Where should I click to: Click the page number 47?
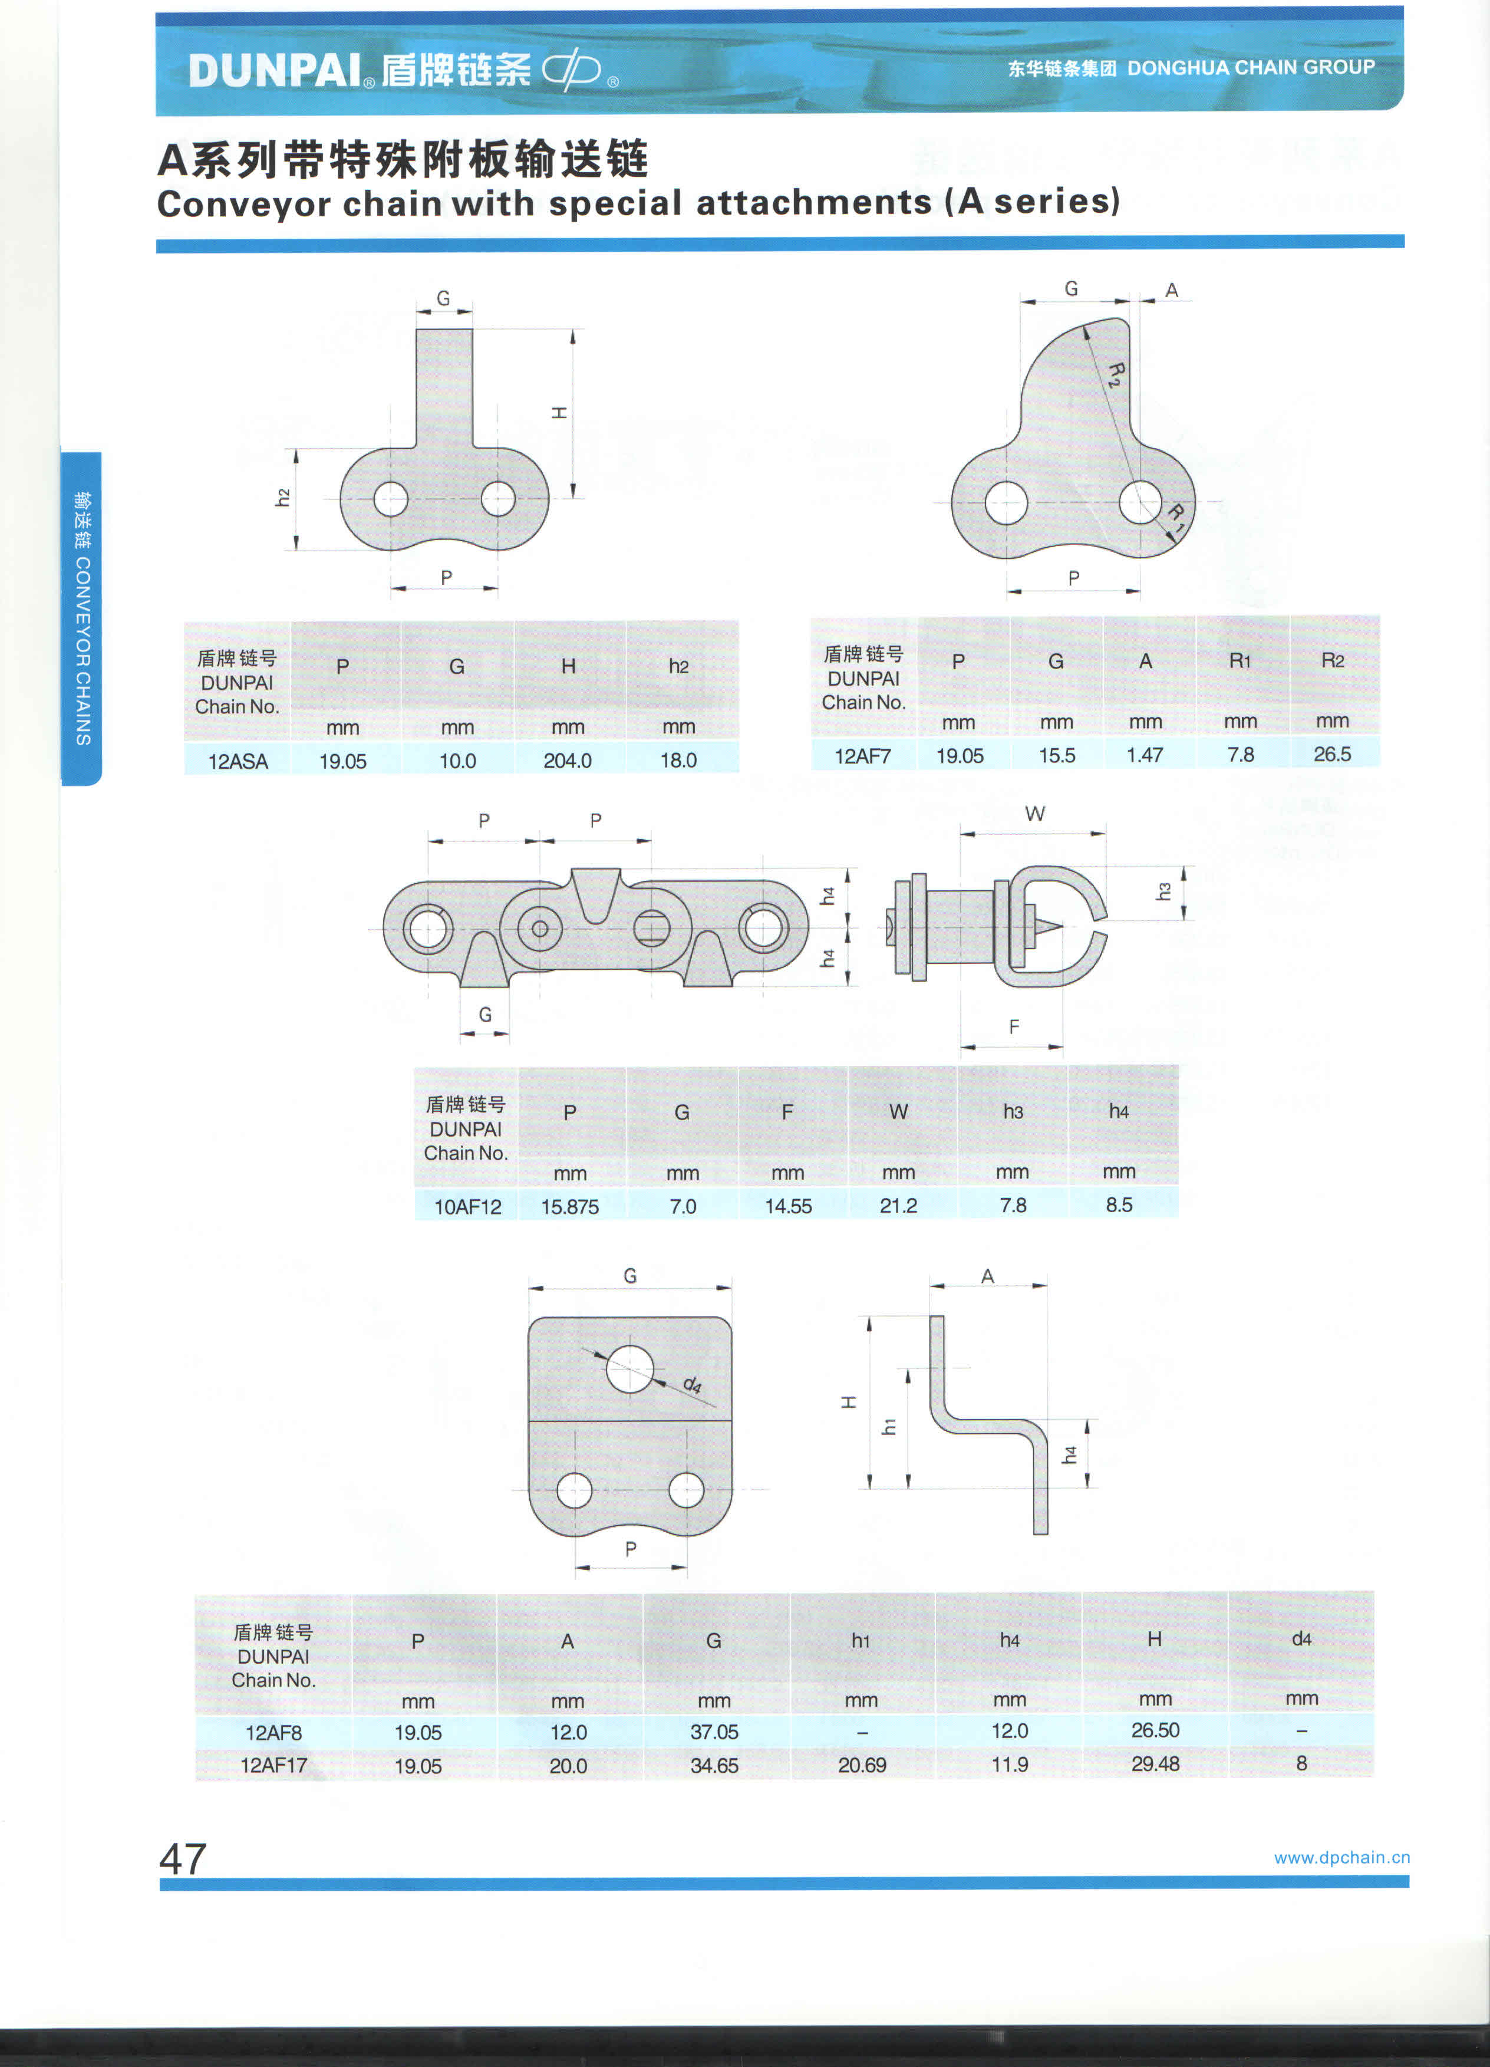click(183, 1857)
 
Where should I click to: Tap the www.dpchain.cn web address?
click(1341, 1857)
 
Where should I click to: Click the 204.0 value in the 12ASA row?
click(567, 760)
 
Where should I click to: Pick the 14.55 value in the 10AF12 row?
click(787, 1206)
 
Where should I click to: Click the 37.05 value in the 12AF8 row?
click(714, 1732)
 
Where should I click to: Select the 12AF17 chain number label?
click(273, 1765)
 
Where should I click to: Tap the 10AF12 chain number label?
click(467, 1207)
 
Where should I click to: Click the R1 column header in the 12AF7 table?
click(1240, 661)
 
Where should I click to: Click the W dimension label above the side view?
click(1034, 814)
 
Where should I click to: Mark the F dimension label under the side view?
click(1013, 1027)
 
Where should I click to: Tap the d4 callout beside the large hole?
click(693, 1385)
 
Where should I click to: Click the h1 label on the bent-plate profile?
click(889, 1426)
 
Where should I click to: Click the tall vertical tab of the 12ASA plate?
click(444, 387)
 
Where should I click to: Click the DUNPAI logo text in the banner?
click(275, 70)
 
